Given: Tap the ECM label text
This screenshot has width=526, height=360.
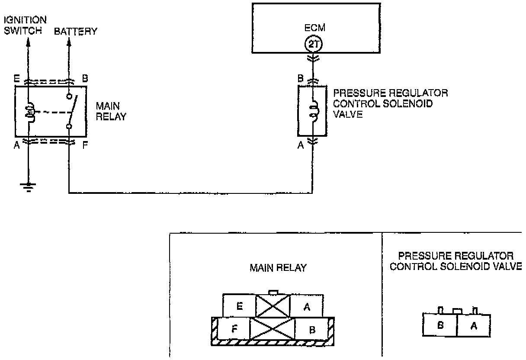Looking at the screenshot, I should pyautogui.click(x=314, y=28).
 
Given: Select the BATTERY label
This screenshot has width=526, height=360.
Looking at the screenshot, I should pyautogui.click(x=76, y=32).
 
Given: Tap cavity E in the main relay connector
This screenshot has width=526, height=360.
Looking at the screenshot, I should pyautogui.click(x=239, y=306).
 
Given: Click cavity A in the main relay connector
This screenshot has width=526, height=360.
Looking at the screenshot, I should pyautogui.click(x=307, y=306).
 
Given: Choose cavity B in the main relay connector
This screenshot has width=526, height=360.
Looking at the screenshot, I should pyautogui.click(x=311, y=330).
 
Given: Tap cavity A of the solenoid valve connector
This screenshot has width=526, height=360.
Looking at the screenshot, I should pyautogui.click(x=473, y=326).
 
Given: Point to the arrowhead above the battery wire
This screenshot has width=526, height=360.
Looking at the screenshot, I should pyautogui.click(x=68, y=44).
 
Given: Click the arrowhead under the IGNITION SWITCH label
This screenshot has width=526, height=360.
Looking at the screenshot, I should pyautogui.click(x=29, y=43).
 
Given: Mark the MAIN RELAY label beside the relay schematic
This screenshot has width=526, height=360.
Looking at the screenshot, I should pyautogui.click(x=111, y=111).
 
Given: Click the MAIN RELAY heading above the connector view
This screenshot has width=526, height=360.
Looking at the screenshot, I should pyautogui.click(x=278, y=268).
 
